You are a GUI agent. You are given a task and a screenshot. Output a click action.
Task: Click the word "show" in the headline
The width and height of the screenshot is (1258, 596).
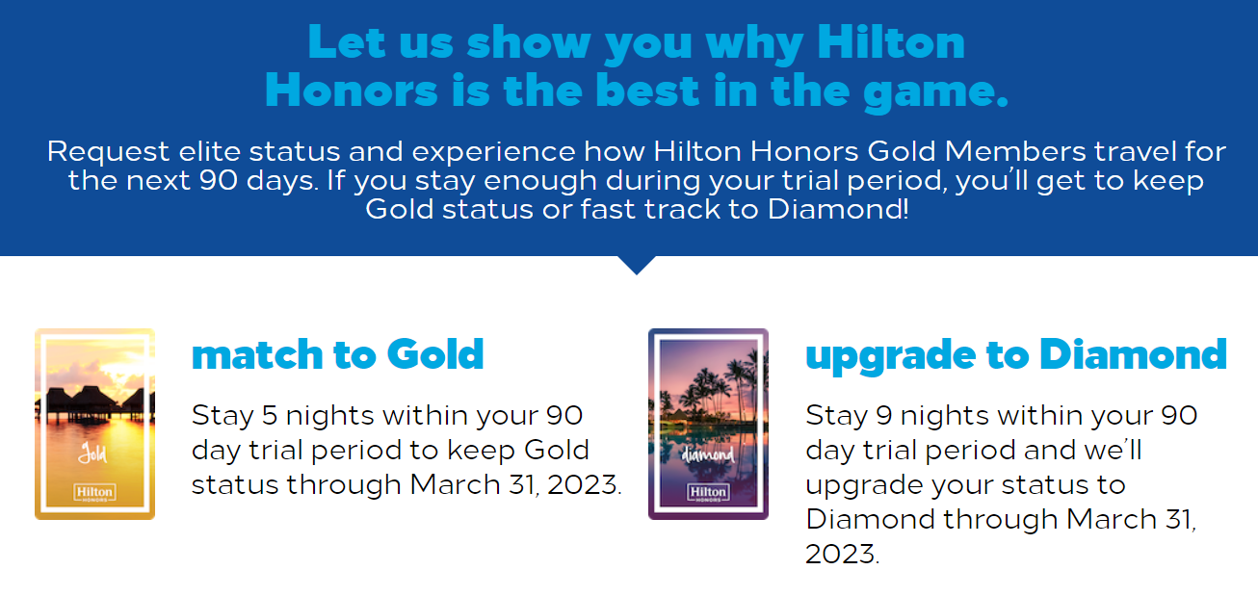pos(529,42)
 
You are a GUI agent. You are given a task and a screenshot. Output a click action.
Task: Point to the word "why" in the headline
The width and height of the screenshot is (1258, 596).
pos(754,45)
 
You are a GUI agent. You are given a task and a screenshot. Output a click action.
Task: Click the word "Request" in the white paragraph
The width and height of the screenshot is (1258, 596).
pos(108,152)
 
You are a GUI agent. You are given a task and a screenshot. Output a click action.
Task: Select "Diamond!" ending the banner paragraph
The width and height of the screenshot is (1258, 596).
pos(838,209)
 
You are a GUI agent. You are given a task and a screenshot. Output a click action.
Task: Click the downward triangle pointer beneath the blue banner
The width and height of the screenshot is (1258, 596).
pos(637,264)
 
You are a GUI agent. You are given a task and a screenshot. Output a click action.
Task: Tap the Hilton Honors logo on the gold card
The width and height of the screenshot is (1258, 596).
pos(94,492)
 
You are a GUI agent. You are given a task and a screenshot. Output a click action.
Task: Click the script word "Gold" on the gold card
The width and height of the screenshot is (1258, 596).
pos(92,453)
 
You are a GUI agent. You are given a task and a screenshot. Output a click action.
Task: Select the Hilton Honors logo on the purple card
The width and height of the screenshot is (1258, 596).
pos(708,492)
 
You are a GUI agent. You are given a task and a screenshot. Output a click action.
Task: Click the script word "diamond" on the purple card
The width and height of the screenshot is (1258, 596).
pos(708,453)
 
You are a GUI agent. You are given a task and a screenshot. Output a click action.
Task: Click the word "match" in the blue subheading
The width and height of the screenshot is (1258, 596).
pos(256,354)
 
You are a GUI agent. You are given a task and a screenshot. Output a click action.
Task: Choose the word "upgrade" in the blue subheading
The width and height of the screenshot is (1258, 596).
pos(890,357)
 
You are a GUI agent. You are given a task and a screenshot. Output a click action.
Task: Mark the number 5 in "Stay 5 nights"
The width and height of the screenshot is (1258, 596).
pos(270,416)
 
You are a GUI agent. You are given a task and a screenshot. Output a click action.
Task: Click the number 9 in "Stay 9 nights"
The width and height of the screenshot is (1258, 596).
pos(884,416)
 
